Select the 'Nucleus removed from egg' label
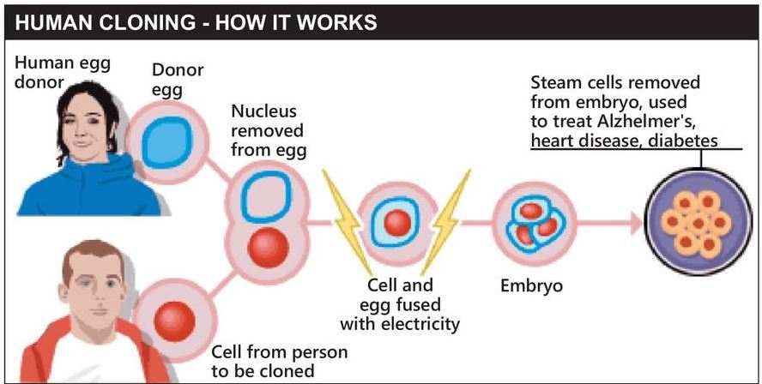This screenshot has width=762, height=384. click(267, 131)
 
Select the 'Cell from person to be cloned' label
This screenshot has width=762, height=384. click(280, 362)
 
